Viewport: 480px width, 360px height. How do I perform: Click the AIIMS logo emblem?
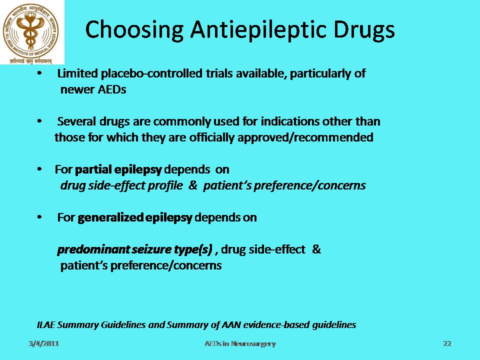(30, 33)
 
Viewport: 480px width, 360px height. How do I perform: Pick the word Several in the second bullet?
(76, 121)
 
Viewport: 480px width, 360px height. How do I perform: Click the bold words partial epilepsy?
(118, 170)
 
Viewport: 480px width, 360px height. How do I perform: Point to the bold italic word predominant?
(93, 250)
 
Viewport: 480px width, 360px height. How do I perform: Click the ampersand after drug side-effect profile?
(193, 185)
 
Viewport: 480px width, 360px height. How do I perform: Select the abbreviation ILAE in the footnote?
(45, 324)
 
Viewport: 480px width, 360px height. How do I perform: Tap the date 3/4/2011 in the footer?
(44, 344)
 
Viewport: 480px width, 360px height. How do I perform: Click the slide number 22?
(447, 344)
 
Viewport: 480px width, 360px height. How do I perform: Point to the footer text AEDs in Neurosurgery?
(240, 344)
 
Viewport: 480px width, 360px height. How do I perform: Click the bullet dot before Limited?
(39, 73)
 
